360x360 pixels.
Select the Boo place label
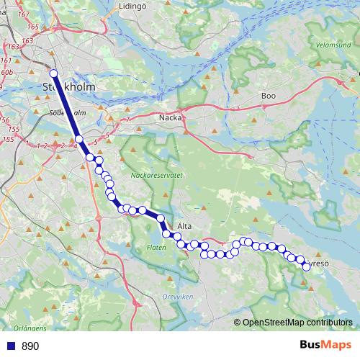[269, 95]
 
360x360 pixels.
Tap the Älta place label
[184, 225]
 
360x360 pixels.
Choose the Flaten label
[156, 247]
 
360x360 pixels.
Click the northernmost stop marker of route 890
[53, 73]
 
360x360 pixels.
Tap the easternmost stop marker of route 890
[306, 266]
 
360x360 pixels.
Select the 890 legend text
[30, 346]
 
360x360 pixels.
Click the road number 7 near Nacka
[127, 120]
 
